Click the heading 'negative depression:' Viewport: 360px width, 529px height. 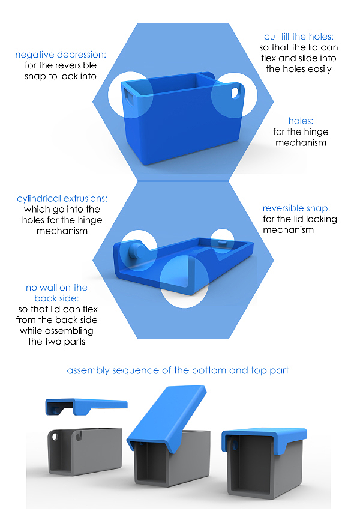point(61,55)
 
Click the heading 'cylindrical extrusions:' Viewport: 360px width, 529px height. point(62,199)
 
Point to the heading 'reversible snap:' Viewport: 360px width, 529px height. point(300,208)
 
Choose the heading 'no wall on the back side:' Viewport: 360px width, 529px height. point(56,293)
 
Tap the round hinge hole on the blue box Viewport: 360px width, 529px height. point(235,93)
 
